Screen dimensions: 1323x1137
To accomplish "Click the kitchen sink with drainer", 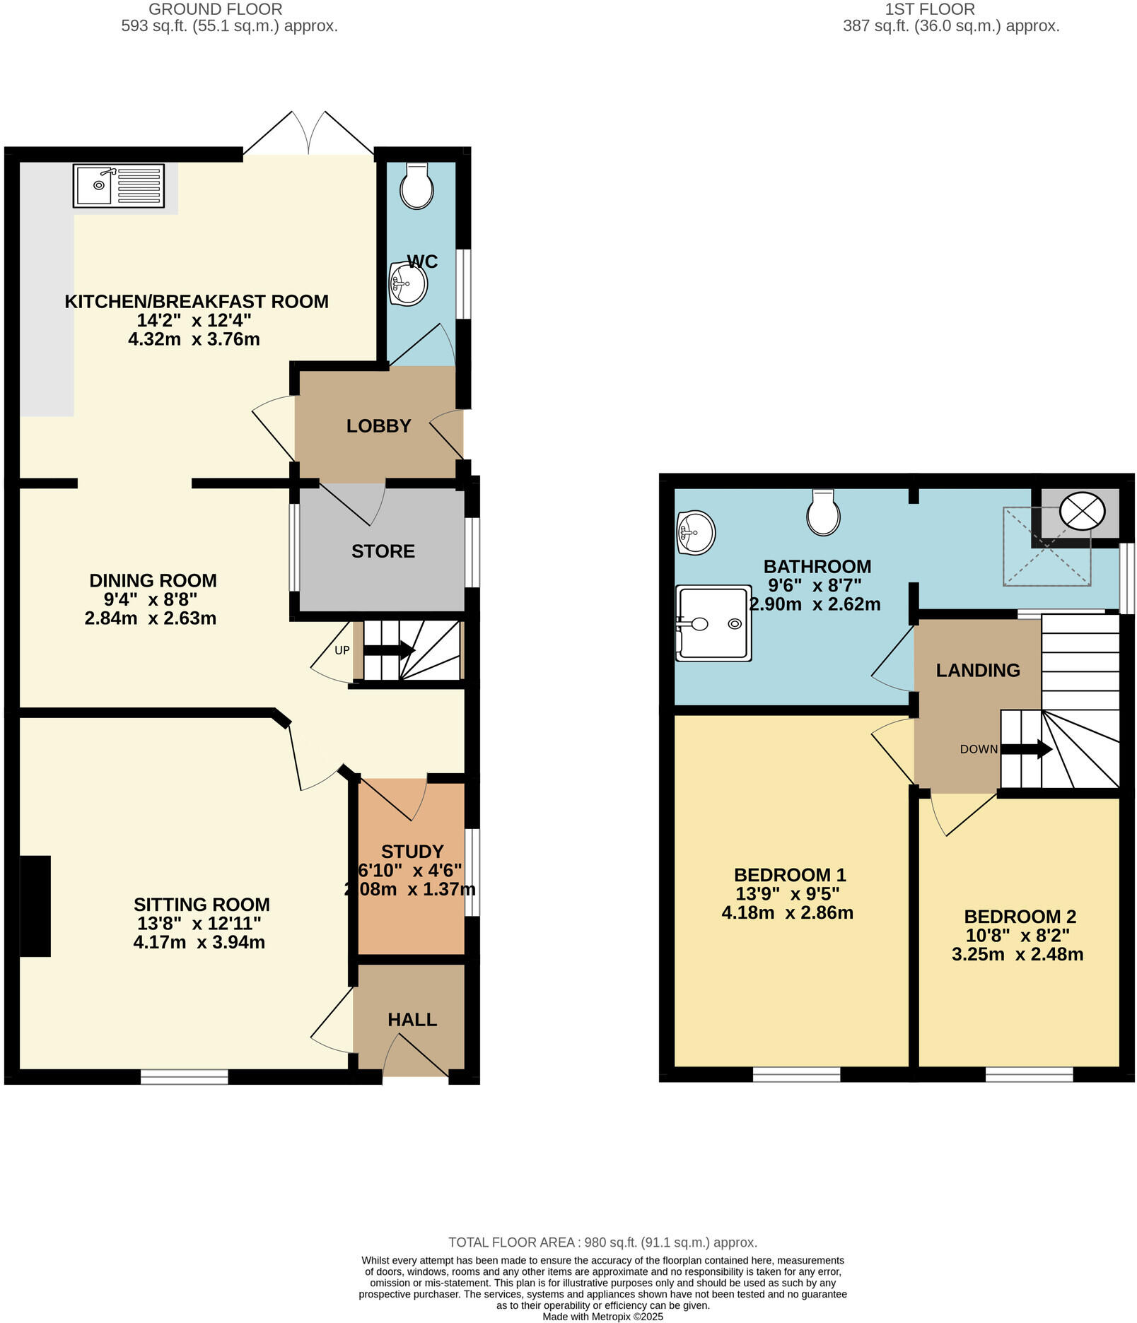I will pos(119,187).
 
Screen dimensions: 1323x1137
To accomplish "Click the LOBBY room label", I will pos(378,426).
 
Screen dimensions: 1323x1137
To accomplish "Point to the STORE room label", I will pos(383,551).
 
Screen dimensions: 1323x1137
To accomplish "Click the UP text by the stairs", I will pos(342,650).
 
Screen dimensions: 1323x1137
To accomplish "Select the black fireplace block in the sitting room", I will pos(35,906).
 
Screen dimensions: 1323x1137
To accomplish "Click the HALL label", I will pos(412,1020).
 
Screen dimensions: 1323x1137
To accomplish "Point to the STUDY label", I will pos(412,852).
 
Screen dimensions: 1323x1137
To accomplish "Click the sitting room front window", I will pos(184,1076).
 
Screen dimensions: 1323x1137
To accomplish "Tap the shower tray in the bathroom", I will pos(713,623).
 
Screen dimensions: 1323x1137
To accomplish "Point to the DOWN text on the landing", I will pos(979,749).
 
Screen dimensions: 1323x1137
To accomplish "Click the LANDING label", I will pos(978,670).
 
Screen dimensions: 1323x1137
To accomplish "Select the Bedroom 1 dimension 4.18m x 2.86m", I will pos(787,912).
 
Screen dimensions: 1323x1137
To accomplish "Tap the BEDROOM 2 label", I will pos(1020,917).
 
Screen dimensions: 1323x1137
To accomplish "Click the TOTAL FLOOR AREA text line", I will pos(602,1242).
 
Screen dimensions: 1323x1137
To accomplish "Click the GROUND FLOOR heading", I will pos(215,9).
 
